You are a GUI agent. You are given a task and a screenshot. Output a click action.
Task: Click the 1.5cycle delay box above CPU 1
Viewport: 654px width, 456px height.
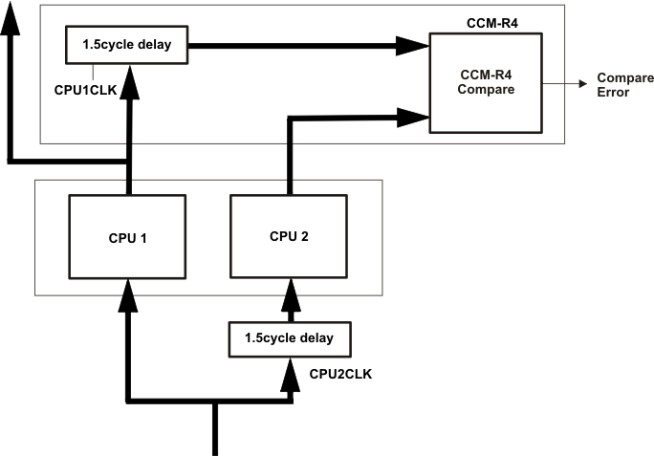click(127, 42)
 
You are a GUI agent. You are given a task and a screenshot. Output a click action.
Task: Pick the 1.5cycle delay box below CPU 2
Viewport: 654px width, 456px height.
click(290, 338)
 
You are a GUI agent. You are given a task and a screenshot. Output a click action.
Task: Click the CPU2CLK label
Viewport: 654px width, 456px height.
click(341, 374)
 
